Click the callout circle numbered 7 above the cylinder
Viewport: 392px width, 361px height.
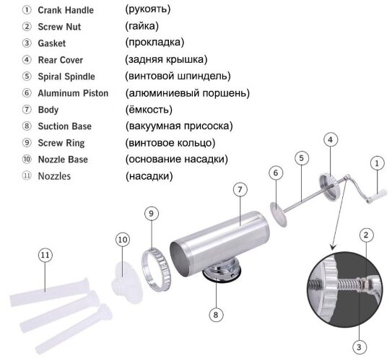239,190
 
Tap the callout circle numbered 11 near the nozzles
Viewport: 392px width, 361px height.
45,254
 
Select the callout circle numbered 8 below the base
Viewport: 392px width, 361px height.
215,313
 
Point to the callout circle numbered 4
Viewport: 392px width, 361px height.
330,139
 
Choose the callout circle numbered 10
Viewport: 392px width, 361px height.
122,239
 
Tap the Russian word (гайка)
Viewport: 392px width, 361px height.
141,27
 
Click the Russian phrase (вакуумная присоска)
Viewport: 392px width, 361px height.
179,126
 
